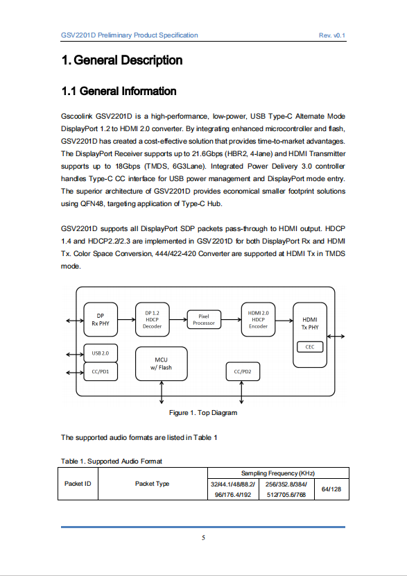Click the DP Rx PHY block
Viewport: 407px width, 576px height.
(101, 320)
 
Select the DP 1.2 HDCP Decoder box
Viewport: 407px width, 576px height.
(153, 320)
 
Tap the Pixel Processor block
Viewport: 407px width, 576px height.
(204, 320)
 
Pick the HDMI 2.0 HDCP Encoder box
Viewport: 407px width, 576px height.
(258, 320)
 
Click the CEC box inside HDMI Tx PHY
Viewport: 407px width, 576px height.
(310, 347)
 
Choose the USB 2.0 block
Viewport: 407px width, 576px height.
(101, 353)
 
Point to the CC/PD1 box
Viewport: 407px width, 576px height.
(101, 371)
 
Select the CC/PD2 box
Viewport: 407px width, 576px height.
(243, 371)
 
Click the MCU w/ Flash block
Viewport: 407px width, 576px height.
(161, 364)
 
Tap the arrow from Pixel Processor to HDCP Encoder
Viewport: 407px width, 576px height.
(231, 320)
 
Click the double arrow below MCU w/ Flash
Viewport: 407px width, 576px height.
(162, 392)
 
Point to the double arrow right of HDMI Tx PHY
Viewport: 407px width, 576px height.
(336, 336)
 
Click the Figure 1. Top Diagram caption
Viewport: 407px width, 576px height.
(203, 412)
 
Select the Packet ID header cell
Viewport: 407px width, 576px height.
(78, 484)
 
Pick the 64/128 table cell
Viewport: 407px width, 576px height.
(331, 489)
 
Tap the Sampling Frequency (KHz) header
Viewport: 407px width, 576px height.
(278, 473)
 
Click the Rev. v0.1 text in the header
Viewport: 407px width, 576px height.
(332, 35)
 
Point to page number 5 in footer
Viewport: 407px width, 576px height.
(203, 538)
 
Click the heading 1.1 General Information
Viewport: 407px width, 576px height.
(119, 91)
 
